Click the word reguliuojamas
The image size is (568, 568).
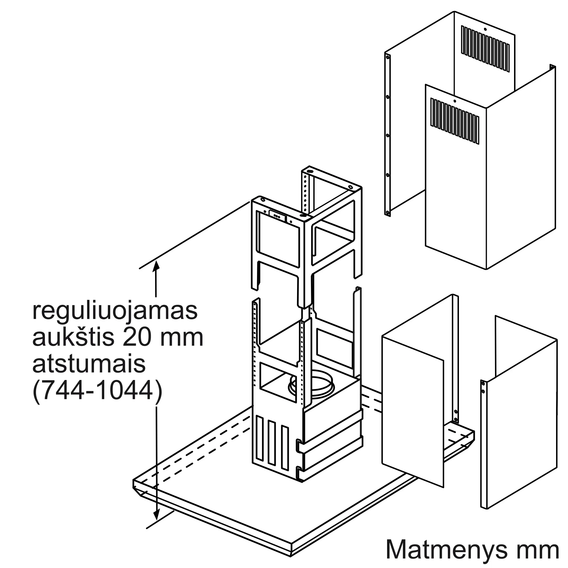click(115, 312)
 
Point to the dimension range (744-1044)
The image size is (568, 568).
click(97, 391)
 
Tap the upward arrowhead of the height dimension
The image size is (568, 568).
click(156, 266)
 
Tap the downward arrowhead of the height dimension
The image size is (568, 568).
click(156, 523)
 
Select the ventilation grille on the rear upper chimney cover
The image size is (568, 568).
click(485, 49)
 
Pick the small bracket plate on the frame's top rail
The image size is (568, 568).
click(277, 215)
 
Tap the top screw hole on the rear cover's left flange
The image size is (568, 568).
click(388, 57)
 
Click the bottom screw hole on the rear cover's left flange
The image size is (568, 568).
click(388, 212)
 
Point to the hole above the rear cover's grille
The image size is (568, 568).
click(485, 30)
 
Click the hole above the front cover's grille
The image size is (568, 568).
click(455, 101)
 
